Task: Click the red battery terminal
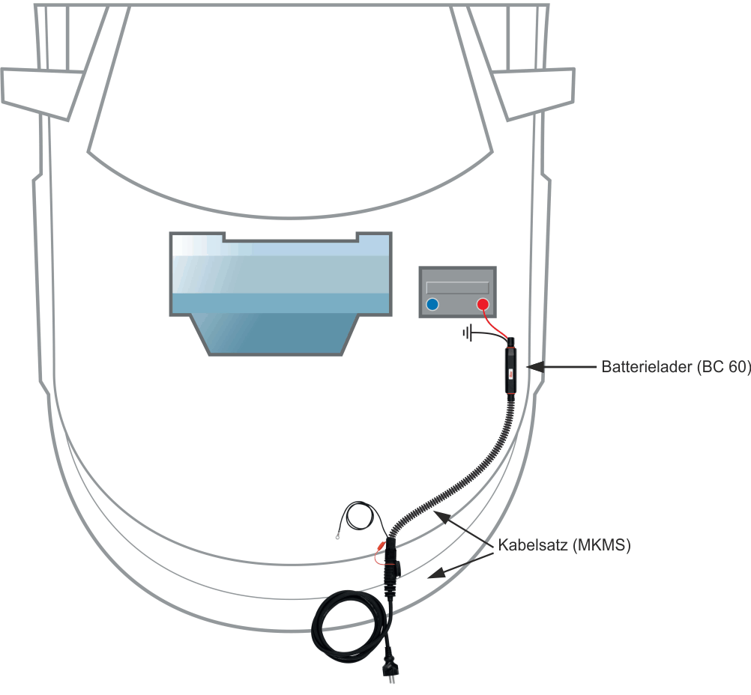point(483,304)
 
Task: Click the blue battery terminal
point(432,304)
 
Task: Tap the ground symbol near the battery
point(469,333)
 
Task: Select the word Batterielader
point(646,368)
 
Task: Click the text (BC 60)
point(723,368)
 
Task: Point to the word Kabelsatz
point(532,545)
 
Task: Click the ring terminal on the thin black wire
point(342,535)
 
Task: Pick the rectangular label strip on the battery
point(457,288)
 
